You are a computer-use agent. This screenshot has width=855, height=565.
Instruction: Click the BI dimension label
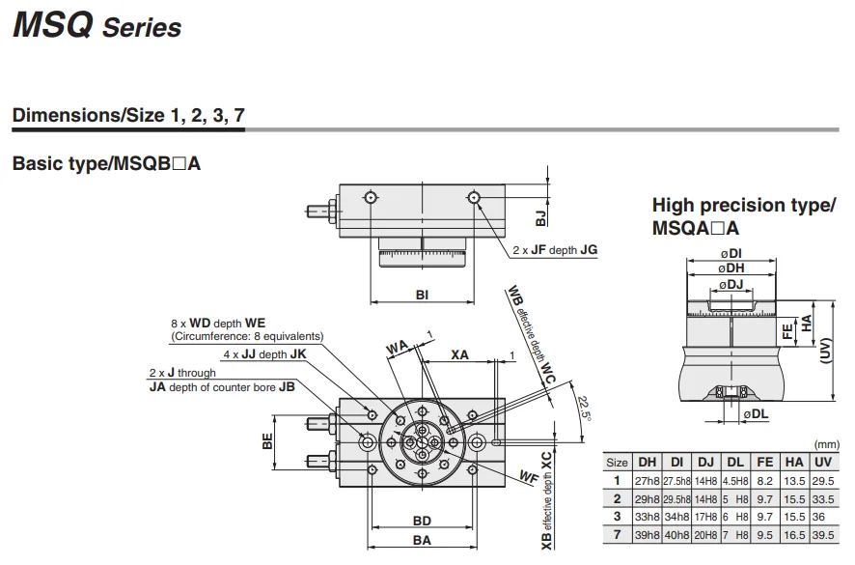[x=422, y=295]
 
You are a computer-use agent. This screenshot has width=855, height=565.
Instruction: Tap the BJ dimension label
[x=540, y=218]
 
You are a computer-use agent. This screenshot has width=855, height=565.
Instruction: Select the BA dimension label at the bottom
[x=422, y=541]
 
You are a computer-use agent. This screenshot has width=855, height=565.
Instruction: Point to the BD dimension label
[x=422, y=521]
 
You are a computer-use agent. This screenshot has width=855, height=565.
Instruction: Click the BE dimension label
[x=267, y=441]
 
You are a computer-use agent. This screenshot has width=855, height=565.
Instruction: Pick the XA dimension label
[x=459, y=354]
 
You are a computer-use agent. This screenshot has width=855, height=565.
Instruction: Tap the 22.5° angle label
[x=584, y=409]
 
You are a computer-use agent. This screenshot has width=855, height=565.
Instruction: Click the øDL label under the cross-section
[x=756, y=415]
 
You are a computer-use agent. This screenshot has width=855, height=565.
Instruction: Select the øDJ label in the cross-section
[x=731, y=284]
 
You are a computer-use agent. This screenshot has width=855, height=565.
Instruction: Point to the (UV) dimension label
[x=827, y=351]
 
